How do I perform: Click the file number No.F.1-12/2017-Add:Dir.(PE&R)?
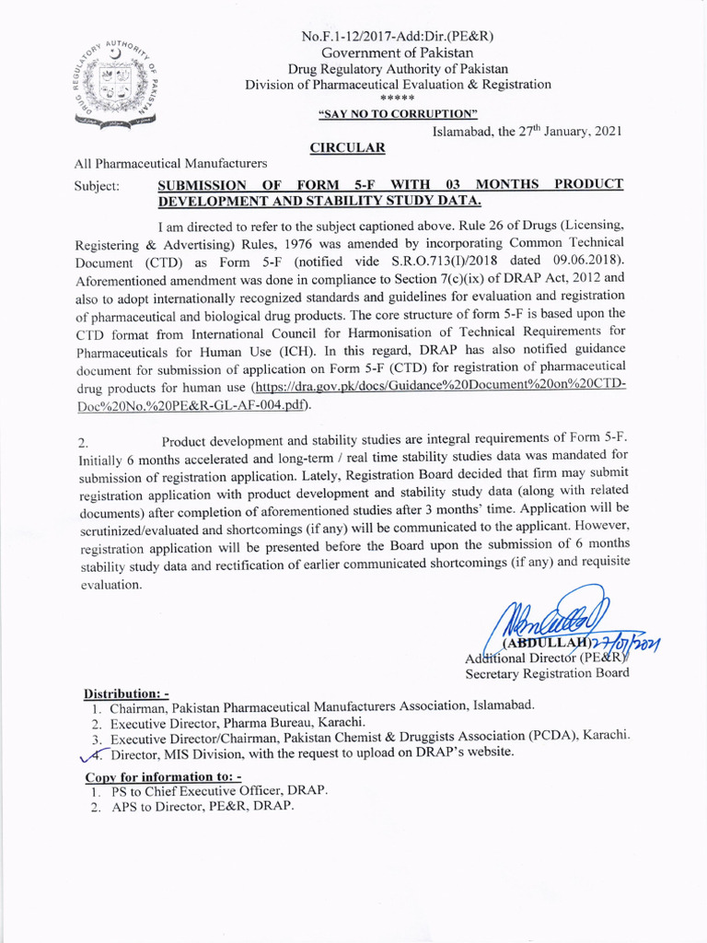pos(398,36)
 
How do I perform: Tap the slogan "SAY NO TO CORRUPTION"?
pos(398,114)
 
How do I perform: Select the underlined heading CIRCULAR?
pos(346,147)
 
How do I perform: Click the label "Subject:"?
pos(97,185)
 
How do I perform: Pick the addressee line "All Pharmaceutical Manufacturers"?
pos(170,164)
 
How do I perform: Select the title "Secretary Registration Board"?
pos(547,672)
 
